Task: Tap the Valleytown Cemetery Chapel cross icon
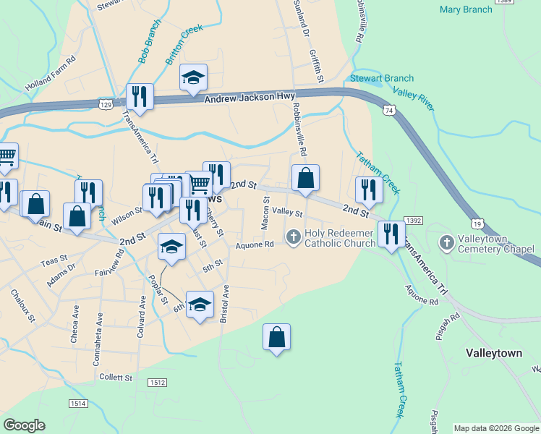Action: click(x=446, y=242)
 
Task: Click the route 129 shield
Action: click(x=106, y=105)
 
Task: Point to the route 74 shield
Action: click(x=390, y=110)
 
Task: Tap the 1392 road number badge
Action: click(x=413, y=220)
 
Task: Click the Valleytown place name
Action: click(x=493, y=354)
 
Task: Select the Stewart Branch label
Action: click(x=382, y=78)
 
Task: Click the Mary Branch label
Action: click(x=465, y=9)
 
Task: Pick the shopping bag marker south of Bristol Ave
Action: click(x=276, y=337)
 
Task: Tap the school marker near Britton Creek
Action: click(x=193, y=77)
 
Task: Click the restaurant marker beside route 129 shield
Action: click(x=140, y=97)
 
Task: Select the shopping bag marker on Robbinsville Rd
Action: click(x=305, y=178)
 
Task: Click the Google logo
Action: click(x=24, y=425)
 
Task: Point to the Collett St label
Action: click(x=116, y=378)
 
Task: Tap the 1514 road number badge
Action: click(x=78, y=403)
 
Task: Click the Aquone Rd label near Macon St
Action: click(x=255, y=244)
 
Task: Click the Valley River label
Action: click(x=413, y=98)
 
